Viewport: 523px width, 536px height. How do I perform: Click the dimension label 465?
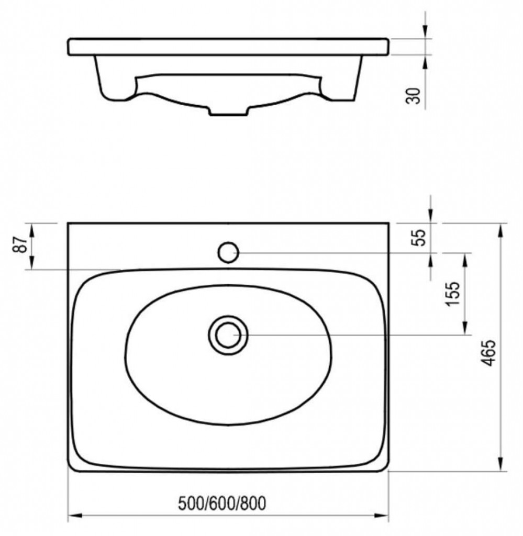pyautogui.click(x=489, y=353)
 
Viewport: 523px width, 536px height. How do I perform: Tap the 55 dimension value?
pyautogui.click(x=420, y=237)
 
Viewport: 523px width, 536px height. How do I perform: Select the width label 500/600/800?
pyautogui.click(x=222, y=504)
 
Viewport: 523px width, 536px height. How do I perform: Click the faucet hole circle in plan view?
pyautogui.click(x=228, y=252)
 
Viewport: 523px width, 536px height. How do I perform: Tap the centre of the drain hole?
pyautogui.click(x=228, y=335)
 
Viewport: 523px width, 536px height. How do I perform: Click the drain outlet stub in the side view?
pyautogui.click(x=228, y=112)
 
